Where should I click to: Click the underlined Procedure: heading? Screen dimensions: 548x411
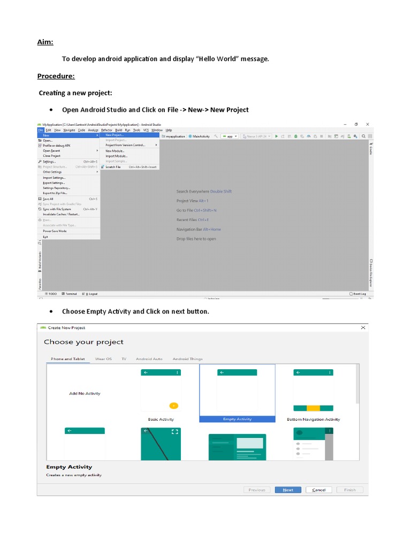[56, 76]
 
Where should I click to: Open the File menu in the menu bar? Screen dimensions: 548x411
[40, 130]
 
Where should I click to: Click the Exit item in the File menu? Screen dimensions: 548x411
[45, 237]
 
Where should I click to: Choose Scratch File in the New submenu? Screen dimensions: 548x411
[113, 167]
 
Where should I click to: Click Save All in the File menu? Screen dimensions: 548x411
[48, 199]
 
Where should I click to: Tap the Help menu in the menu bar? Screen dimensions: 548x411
[169, 130]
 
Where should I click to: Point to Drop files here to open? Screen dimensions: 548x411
[196, 239]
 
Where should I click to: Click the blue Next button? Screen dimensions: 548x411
[288, 490]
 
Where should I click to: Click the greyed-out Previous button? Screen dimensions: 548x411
[256, 490]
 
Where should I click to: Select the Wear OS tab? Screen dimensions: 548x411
[103, 359]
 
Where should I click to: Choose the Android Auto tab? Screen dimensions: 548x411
[149, 359]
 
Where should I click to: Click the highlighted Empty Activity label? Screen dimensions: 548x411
[237, 419]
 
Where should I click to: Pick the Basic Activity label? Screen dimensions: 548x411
[161, 419]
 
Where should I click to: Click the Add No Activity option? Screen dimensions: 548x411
[85, 393]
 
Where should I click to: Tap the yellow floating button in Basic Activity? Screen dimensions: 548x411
[173, 405]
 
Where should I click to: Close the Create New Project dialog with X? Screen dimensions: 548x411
[363, 328]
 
